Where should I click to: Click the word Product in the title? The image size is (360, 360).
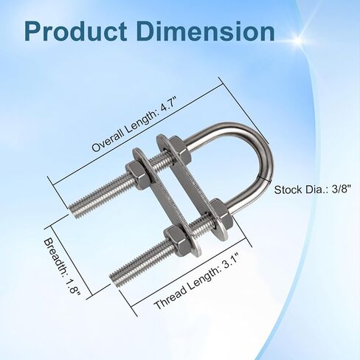click(75, 32)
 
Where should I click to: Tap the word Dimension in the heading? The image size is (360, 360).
click(208, 32)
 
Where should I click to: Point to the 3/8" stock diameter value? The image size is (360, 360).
click(341, 190)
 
